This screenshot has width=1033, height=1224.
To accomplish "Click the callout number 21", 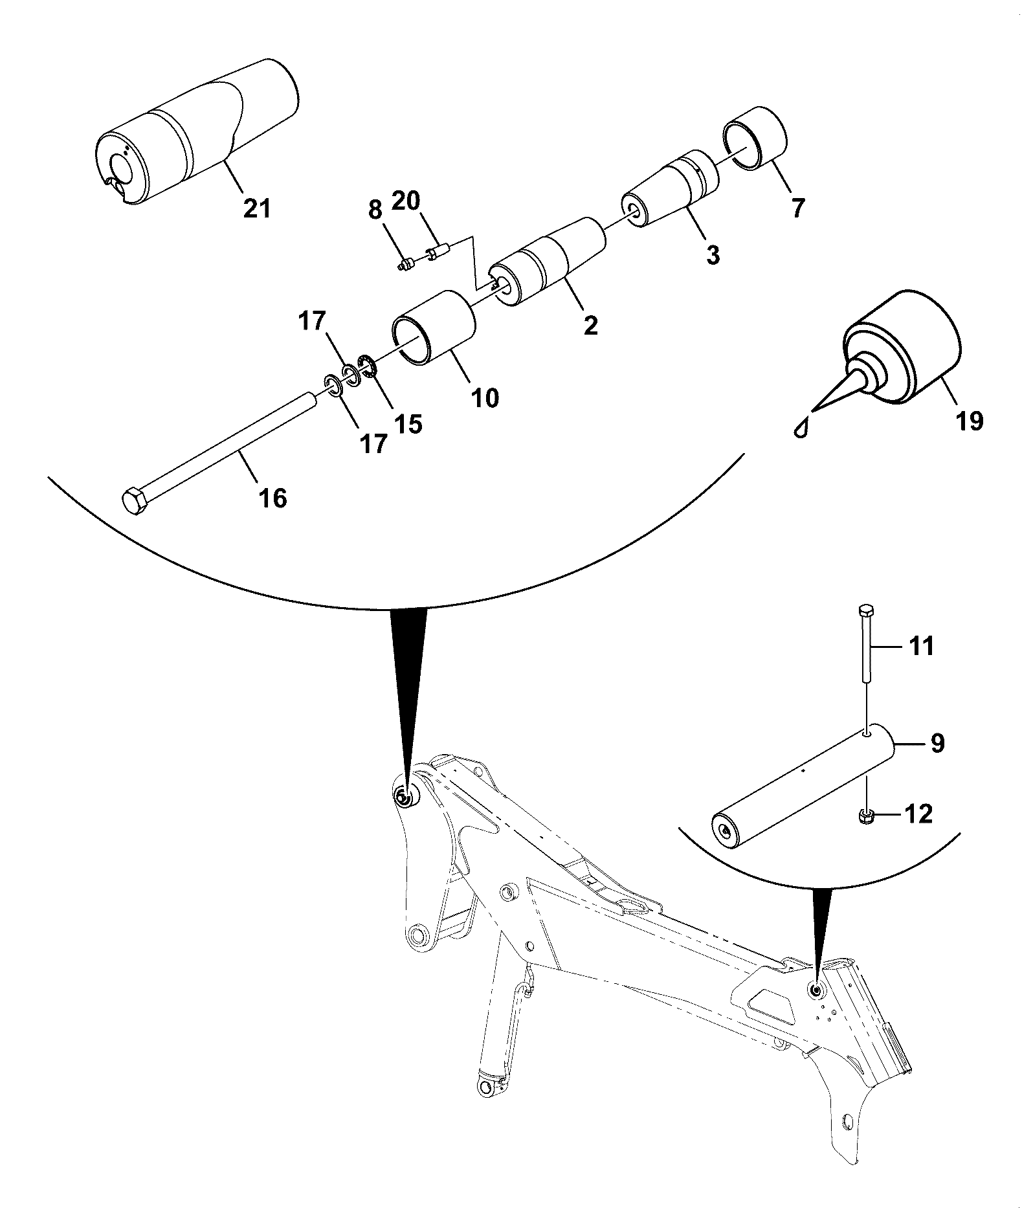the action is pyautogui.click(x=256, y=209).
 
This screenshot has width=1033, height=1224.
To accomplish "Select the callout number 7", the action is pyautogui.click(x=798, y=208).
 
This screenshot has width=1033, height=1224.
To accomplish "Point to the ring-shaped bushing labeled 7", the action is pyautogui.click(x=755, y=137).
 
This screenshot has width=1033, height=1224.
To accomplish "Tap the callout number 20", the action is pyautogui.click(x=406, y=201).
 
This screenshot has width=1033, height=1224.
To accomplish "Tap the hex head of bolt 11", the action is pyautogui.click(x=866, y=610).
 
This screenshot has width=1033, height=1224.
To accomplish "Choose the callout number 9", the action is pyautogui.click(x=937, y=743).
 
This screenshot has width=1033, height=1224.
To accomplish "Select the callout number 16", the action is pyautogui.click(x=272, y=498).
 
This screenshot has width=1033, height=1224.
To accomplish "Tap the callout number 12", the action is pyautogui.click(x=918, y=814).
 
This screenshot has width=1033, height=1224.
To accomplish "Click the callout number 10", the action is pyautogui.click(x=485, y=397).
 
